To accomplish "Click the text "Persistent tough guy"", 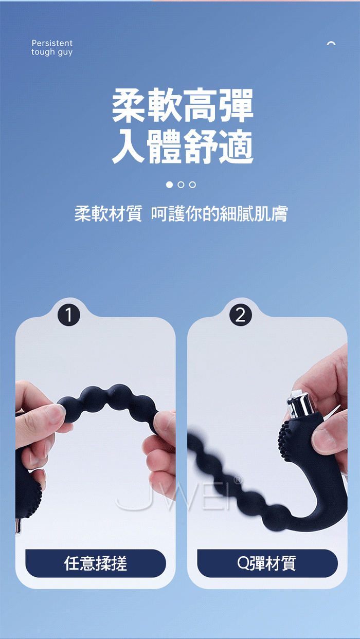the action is click(52, 47).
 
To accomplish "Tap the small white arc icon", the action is click(331, 43).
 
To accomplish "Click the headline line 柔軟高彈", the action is click(183, 105).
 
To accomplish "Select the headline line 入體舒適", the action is click(183, 147).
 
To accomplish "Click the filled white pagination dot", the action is click(169, 185).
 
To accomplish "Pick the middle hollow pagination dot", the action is click(181, 185).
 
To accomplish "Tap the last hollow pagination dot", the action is click(192, 185).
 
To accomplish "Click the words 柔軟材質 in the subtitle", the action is click(108, 213).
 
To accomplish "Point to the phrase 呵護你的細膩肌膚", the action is click(219, 213).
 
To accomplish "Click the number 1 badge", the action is click(68, 315).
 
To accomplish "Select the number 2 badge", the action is click(240, 315).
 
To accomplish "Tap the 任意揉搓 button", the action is click(95, 563).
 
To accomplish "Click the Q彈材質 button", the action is click(267, 563).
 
